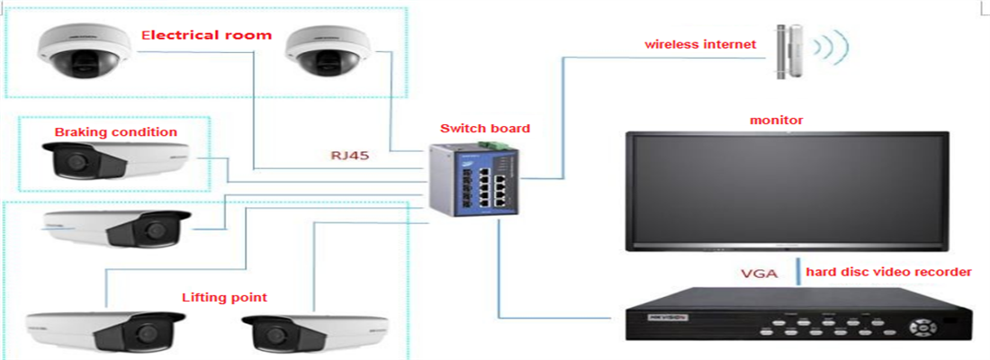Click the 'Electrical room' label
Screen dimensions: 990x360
(206, 35)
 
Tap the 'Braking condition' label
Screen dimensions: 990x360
(115, 132)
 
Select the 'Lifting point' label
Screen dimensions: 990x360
(224, 297)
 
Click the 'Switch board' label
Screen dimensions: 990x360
(485, 129)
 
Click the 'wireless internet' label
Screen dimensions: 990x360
(699, 45)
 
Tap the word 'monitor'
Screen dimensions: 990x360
(777, 120)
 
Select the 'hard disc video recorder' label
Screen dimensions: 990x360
(888, 272)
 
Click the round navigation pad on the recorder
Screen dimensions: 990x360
(923, 328)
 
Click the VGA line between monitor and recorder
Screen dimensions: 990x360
(797, 272)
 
